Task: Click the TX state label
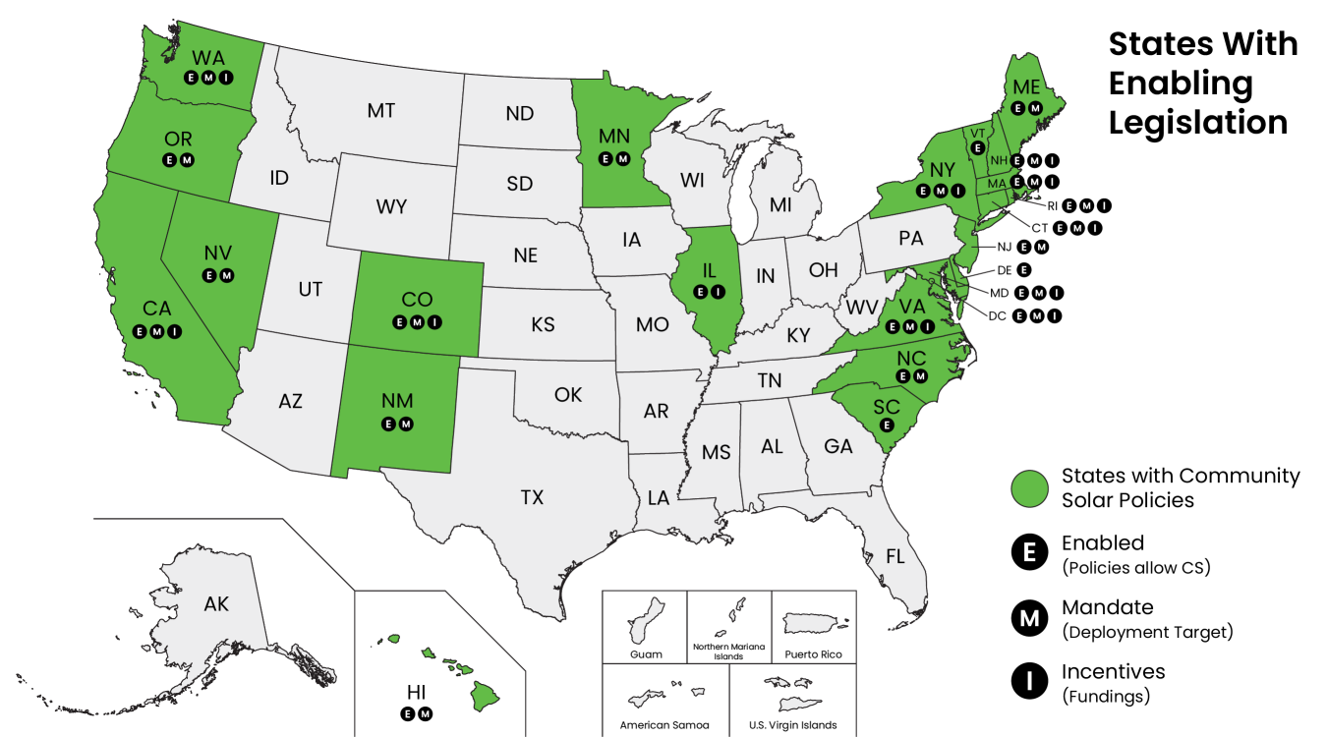click(532, 498)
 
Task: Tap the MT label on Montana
click(381, 110)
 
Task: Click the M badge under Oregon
click(188, 160)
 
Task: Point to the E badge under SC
click(887, 425)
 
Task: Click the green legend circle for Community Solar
click(1029, 487)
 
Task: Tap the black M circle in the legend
click(1029, 618)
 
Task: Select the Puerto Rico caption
click(813, 654)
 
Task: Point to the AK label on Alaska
click(216, 603)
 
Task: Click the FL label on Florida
click(894, 556)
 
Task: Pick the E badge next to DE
click(1024, 269)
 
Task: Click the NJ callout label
click(1004, 247)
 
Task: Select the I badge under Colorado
click(435, 321)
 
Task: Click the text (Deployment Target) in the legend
click(1146, 632)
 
